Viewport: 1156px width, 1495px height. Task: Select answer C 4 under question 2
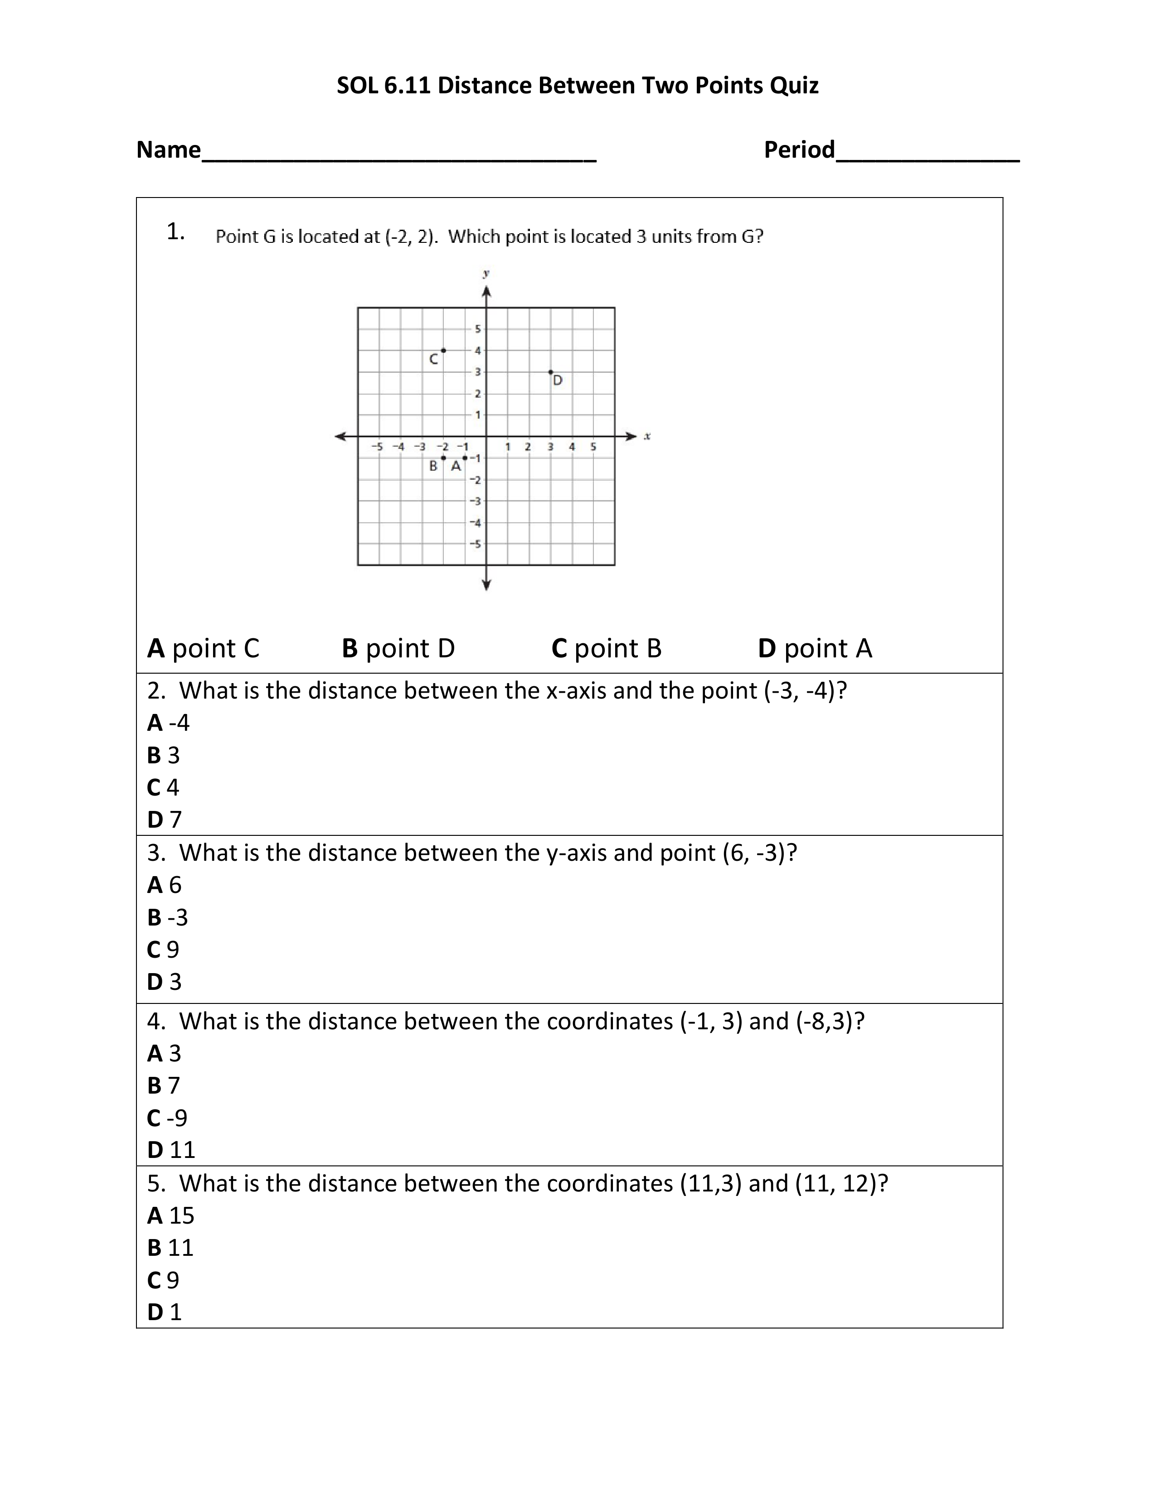tap(163, 787)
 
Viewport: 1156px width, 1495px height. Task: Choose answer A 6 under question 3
tap(165, 885)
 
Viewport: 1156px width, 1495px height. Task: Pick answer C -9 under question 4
tap(167, 1118)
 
